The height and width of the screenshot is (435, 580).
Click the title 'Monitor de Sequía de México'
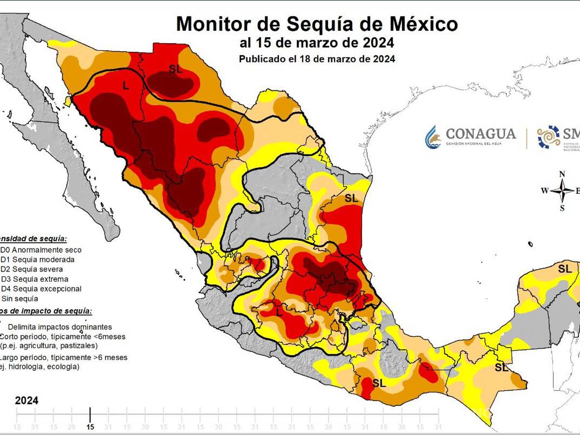317,24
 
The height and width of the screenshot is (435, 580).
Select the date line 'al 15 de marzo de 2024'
317,43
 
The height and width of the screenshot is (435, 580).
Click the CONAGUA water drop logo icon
433,137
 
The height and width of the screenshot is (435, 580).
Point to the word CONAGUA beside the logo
480,134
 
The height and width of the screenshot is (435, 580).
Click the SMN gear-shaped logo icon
549,137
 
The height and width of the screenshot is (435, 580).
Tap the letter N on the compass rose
562,174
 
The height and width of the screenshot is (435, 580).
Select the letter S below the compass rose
562,208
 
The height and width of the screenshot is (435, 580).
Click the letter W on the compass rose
545,191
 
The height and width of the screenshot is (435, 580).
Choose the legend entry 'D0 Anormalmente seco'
41,250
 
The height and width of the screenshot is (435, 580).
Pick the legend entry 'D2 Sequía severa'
32,269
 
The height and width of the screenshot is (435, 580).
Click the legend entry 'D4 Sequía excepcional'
41,289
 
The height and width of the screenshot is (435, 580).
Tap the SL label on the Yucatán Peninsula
565,269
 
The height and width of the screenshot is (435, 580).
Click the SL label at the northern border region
175,69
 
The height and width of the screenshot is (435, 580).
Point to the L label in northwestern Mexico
126,86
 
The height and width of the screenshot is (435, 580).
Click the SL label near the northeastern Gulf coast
351,198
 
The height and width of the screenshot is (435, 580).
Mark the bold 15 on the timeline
90,427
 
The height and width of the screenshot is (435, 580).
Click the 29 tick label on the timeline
72,427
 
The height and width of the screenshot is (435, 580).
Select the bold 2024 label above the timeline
27,401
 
